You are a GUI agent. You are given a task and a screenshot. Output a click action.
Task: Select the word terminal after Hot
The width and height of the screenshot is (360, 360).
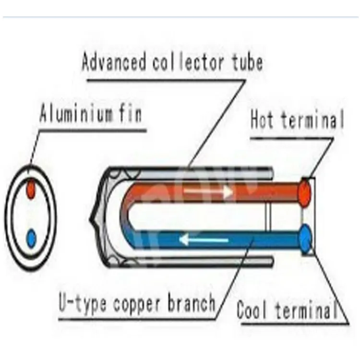click(312, 120)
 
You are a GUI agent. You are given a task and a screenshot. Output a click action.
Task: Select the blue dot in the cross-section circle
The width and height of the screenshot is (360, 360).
click(31, 237)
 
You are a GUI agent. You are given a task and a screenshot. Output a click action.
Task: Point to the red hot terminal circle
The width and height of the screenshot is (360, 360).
click(305, 193)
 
